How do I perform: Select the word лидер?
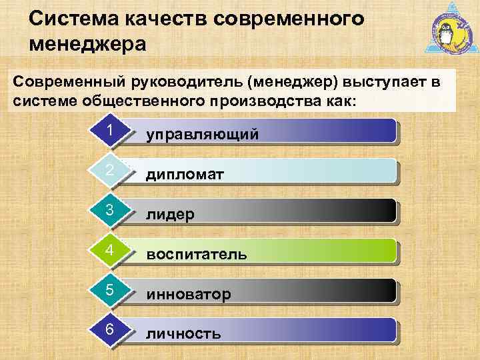(x=171, y=215)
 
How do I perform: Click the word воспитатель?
(x=197, y=255)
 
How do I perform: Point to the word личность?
(x=183, y=333)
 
